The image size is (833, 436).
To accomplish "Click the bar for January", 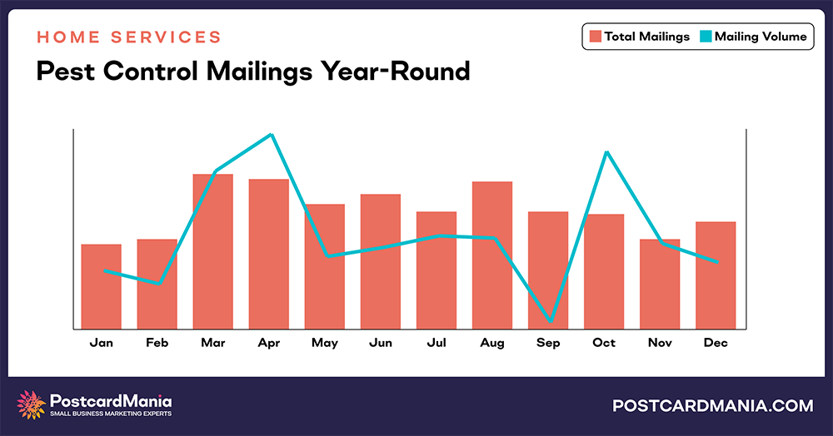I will pyautogui.click(x=101, y=286).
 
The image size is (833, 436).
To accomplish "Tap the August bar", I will pyautogui.click(x=492, y=255).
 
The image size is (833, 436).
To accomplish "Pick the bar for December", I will pyautogui.click(x=716, y=275).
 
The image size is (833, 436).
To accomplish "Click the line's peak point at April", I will pyautogui.click(x=271, y=135).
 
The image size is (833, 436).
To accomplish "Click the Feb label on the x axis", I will pyautogui.click(x=157, y=343).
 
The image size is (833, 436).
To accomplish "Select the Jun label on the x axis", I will pyautogui.click(x=380, y=343).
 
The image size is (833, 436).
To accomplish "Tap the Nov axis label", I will pyautogui.click(x=660, y=343).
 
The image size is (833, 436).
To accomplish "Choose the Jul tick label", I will pyautogui.click(x=436, y=343).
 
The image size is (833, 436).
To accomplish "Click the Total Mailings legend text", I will pyautogui.click(x=642, y=37).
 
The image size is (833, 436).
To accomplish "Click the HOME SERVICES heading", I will pyautogui.click(x=129, y=37).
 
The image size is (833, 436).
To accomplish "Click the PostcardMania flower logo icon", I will pyautogui.click(x=32, y=404).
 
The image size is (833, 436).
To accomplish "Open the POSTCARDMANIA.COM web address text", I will pyautogui.click(x=712, y=405).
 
